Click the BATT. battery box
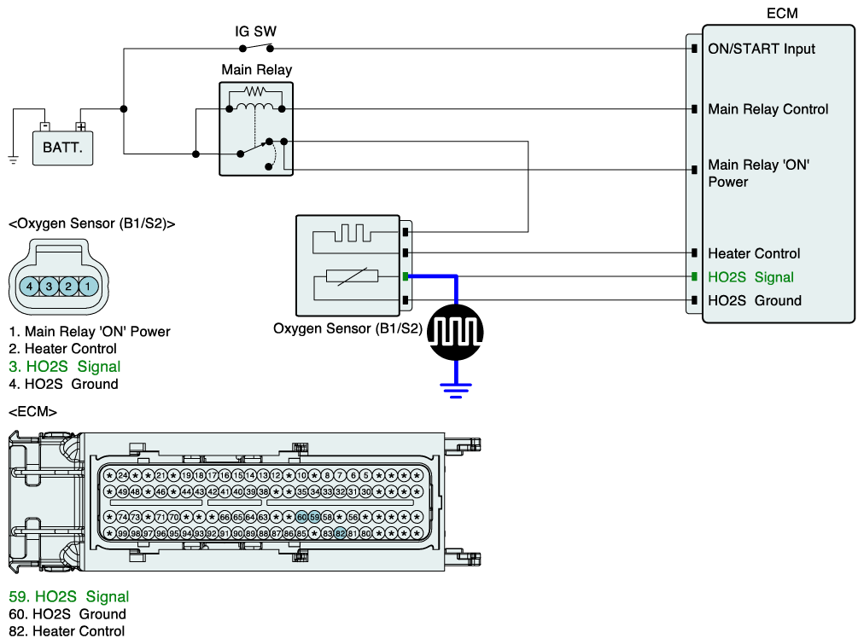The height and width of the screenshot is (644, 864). (62, 147)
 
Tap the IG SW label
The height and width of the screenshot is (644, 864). (256, 32)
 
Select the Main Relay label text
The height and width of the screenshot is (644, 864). (256, 70)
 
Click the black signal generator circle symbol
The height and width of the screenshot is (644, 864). (455, 329)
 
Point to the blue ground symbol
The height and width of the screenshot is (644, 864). (455, 391)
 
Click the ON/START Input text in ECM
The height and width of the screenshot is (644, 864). (762, 49)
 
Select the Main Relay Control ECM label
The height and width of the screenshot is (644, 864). (768, 109)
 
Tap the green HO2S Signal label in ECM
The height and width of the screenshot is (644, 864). (750, 277)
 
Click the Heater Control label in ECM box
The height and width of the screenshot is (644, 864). (754, 253)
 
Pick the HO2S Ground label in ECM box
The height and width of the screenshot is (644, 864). (755, 300)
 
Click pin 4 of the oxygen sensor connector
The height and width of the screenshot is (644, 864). (30, 287)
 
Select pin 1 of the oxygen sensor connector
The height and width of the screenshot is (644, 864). (86, 287)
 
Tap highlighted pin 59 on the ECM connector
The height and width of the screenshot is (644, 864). (314, 517)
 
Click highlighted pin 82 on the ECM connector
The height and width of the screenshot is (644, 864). (340, 533)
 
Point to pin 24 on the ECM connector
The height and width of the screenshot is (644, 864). (123, 475)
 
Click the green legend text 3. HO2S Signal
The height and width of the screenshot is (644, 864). (65, 367)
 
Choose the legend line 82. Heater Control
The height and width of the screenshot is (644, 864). (67, 631)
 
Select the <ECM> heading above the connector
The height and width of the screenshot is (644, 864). (32, 412)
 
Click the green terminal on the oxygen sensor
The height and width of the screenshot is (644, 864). (406, 277)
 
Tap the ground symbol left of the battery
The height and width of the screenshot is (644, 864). (14, 158)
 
